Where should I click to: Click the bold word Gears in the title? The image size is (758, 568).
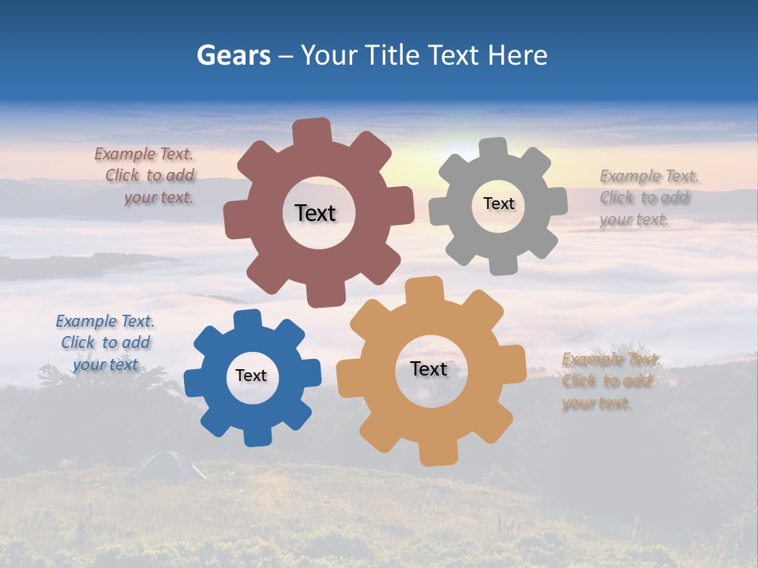coord(233,55)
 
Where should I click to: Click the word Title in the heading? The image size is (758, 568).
coord(392,55)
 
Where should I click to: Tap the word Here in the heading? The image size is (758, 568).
coord(517,55)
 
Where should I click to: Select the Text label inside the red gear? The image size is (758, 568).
coord(315,213)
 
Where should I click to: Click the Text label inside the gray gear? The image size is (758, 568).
coord(498,204)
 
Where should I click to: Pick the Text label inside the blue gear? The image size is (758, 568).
coord(251,376)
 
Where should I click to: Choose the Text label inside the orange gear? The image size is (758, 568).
coord(429,368)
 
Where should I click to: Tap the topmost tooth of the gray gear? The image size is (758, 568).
coord(493,149)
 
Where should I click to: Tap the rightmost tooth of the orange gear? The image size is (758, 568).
coord(515,365)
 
